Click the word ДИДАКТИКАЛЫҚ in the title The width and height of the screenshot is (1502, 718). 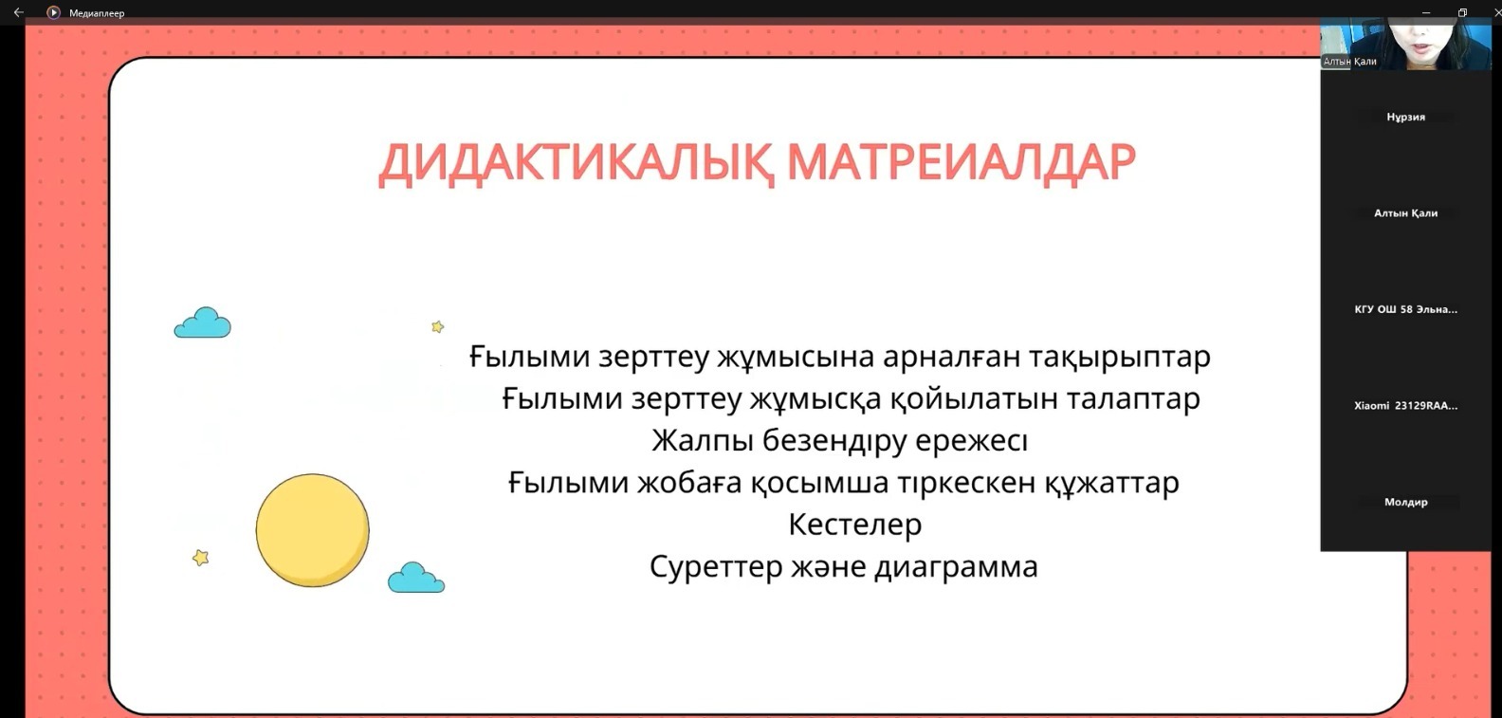pyautogui.click(x=576, y=163)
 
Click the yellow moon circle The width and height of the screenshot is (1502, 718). pyautogui.click(x=313, y=530)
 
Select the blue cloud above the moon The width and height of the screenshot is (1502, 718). pyautogui.click(x=203, y=322)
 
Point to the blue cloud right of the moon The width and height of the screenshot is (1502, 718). pyautogui.click(x=415, y=578)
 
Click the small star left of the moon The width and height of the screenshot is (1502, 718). pyautogui.click(x=200, y=557)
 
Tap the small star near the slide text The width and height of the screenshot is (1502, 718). pyautogui.click(x=437, y=326)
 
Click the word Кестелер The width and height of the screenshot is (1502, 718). pyautogui.click(x=855, y=525)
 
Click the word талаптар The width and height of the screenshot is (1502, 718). pyautogui.click(x=1132, y=399)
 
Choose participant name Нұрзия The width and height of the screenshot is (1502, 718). pyautogui.click(x=1405, y=118)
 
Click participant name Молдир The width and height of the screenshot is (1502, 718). pyautogui.click(x=1405, y=502)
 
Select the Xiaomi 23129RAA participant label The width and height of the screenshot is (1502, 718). pyautogui.click(x=1405, y=406)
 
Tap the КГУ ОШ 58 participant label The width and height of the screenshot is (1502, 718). pyautogui.click(x=1405, y=309)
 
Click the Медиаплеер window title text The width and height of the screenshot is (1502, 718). pyautogui.click(x=97, y=12)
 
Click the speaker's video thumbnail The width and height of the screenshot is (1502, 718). pyautogui.click(x=1405, y=44)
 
